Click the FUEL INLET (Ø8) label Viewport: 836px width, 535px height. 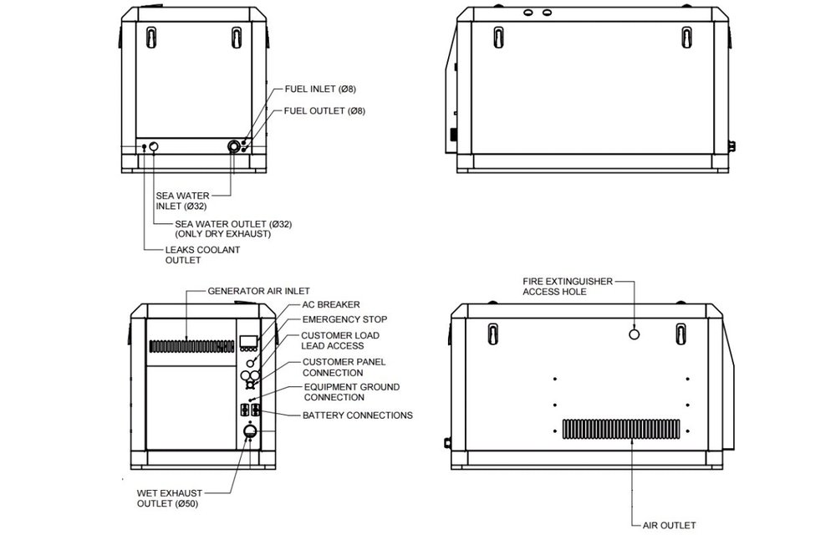pos(320,89)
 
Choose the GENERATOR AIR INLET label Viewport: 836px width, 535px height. pos(252,291)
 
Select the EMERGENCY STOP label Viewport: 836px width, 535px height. pos(344,319)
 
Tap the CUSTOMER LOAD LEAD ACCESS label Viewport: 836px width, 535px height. pos(340,340)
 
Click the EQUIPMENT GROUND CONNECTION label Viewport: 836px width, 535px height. pos(351,392)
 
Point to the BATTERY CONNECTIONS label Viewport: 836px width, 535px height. pos(357,415)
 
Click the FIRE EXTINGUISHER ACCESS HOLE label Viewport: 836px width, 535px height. pos(568,287)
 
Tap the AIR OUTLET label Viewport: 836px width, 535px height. pos(669,525)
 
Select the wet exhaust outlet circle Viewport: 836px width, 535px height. pos(248,432)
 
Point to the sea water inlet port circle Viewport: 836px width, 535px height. pos(234,146)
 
